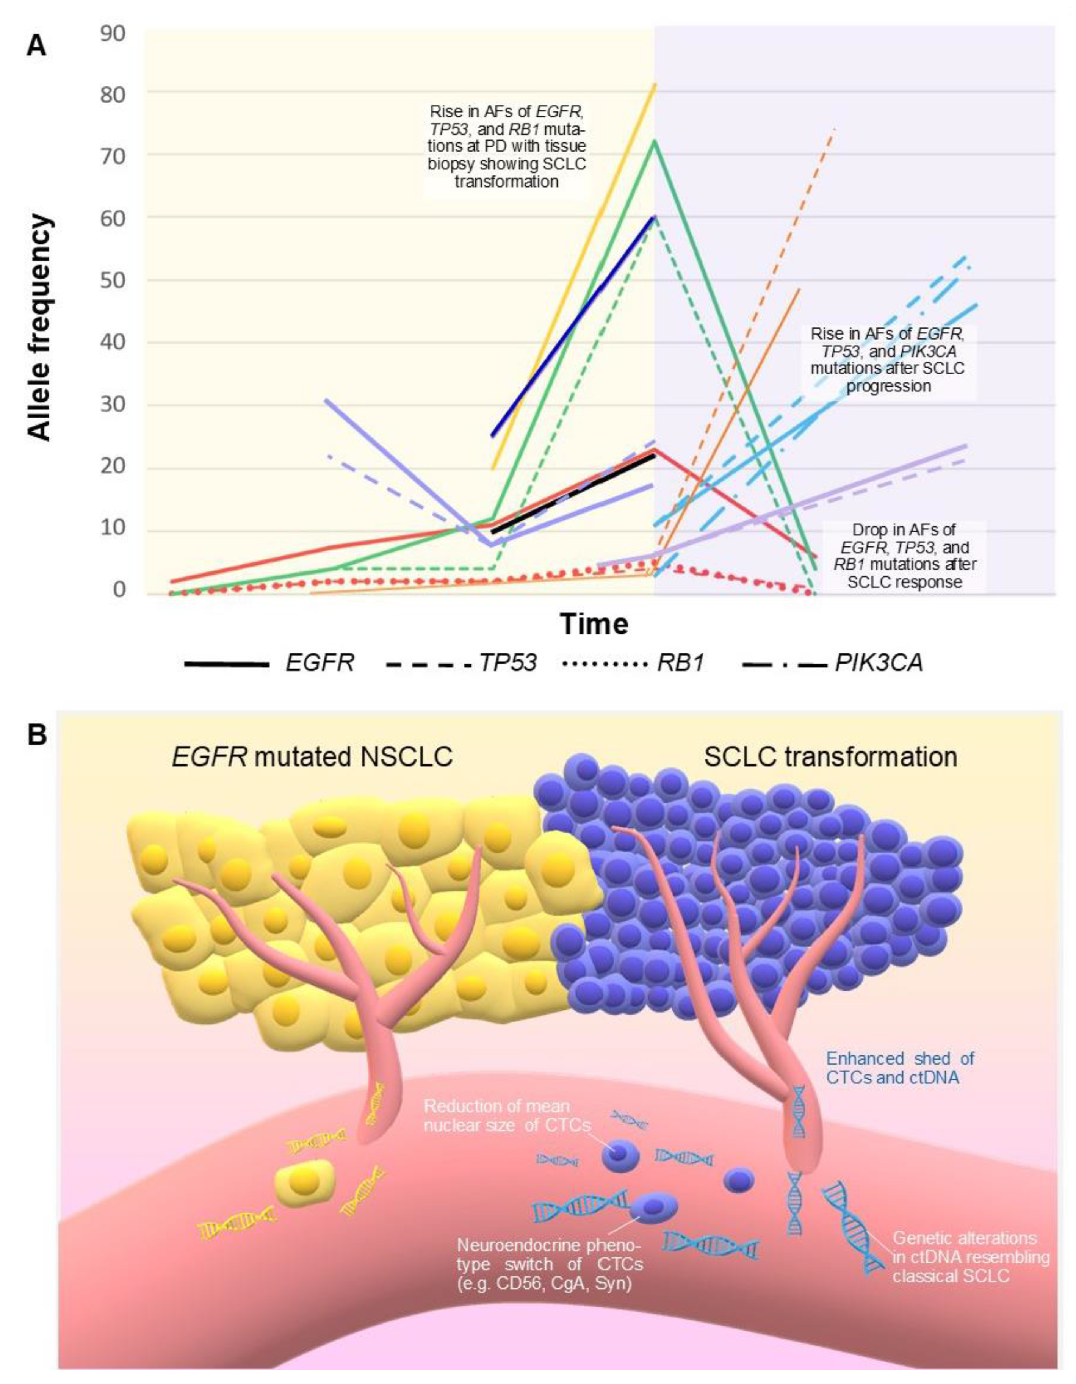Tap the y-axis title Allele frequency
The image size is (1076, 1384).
tap(39, 326)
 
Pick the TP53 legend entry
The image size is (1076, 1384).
tap(507, 663)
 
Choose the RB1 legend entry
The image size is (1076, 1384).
tap(681, 663)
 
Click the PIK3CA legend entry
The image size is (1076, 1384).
tap(878, 663)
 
